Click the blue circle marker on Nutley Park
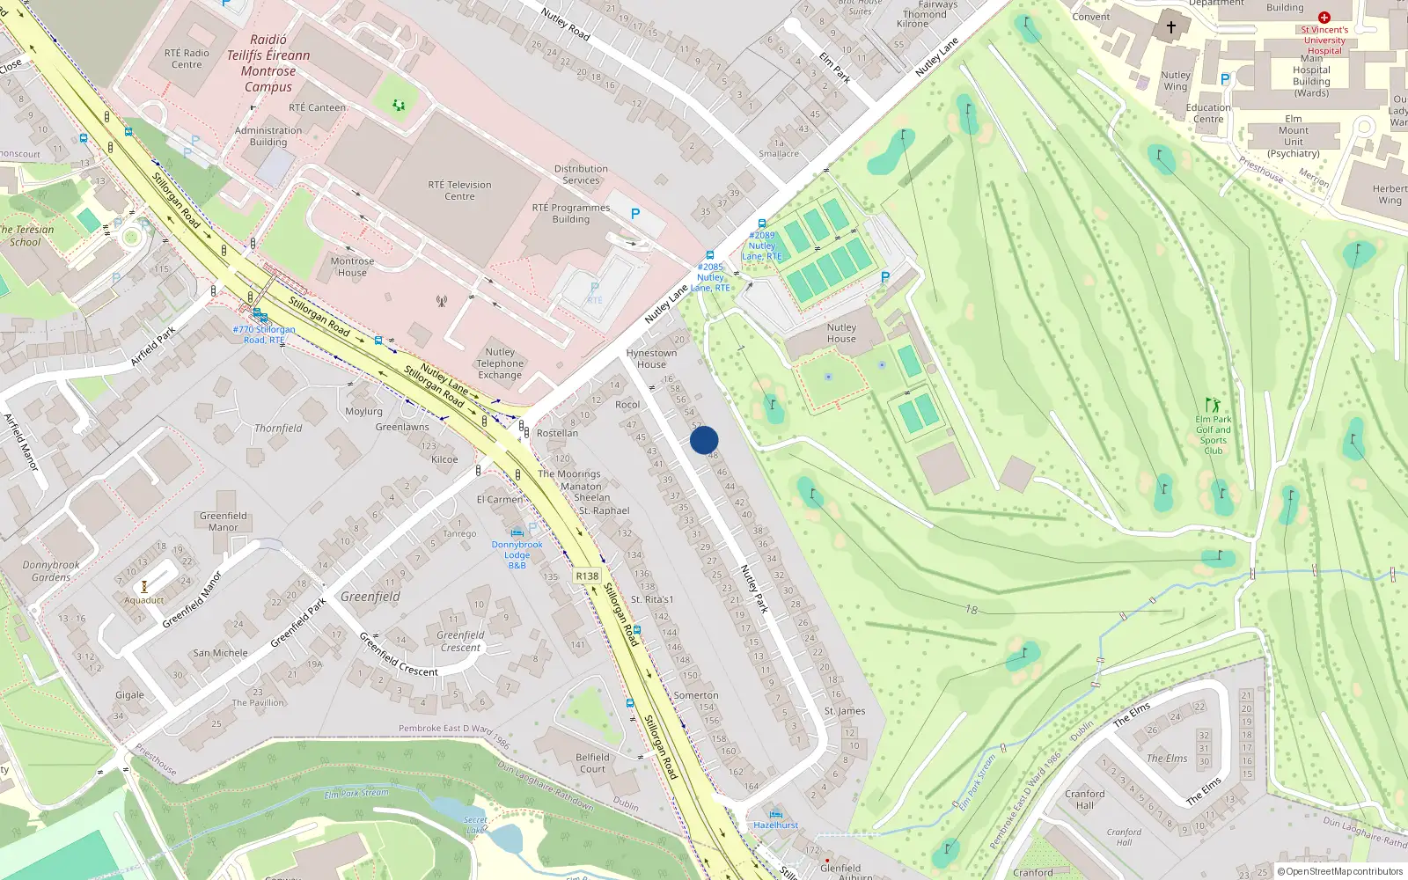(x=704, y=440)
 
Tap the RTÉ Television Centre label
(x=459, y=190)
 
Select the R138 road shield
(x=587, y=576)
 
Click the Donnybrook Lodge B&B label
(x=517, y=554)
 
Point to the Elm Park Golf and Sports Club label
(x=1214, y=435)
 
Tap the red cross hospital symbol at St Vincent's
(x=1324, y=18)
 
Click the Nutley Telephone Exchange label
(x=500, y=363)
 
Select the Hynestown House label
(x=651, y=358)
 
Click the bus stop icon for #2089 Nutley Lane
(x=762, y=224)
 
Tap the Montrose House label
(x=352, y=267)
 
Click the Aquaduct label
(x=144, y=600)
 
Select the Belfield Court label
(x=592, y=763)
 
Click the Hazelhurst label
(x=775, y=825)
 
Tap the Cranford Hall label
(x=1085, y=799)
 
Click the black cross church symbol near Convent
(x=1171, y=27)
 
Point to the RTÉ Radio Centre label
(x=187, y=58)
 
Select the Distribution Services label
(x=581, y=174)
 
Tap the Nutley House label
(x=841, y=333)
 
